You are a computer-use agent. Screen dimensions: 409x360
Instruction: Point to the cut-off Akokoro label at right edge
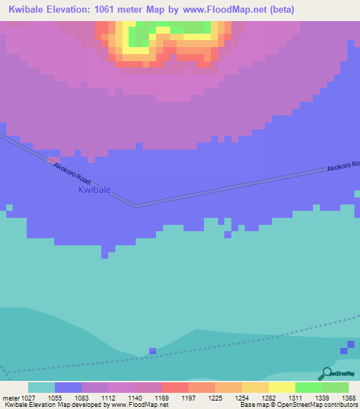tap(343, 167)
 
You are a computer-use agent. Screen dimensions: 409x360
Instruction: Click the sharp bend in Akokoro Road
tap(136, 206)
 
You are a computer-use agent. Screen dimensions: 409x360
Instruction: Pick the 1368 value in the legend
tap(340, 398)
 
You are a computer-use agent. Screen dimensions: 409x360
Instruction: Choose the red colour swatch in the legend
tap(174, 387)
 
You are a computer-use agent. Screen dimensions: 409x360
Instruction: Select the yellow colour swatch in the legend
tap(281, 387)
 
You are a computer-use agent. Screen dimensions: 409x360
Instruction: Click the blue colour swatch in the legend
tap(68, 387)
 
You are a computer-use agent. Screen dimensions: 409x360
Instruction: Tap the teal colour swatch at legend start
tap(41, 387)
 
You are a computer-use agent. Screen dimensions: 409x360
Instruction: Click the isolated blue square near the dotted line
tap(152, 351)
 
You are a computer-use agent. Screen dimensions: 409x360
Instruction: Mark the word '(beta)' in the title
tap(281, 10)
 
